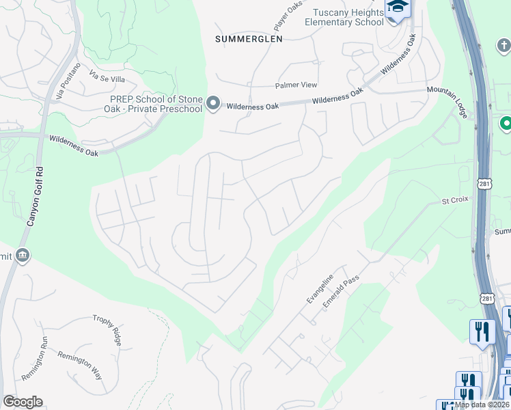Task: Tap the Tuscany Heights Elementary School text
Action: point(348,17)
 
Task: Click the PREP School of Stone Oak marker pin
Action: point(213,104)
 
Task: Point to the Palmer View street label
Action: point(296,85)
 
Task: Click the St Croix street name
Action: point(454,202)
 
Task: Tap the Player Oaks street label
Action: point(288,16)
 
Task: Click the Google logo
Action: point(23,402)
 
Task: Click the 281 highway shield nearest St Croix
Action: point(484,184)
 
